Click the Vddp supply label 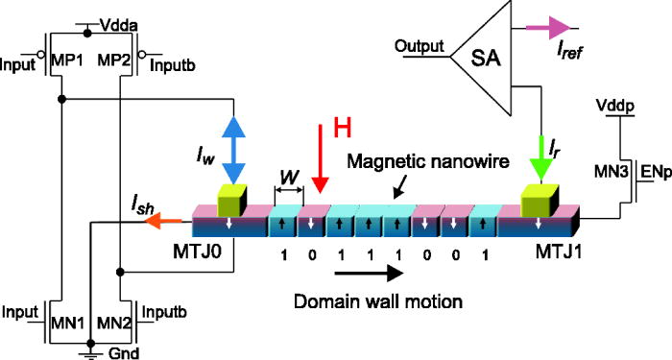(614, 101)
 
